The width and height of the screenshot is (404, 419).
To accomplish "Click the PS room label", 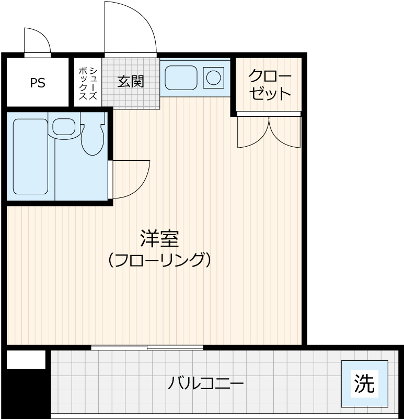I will (x=38, y=83).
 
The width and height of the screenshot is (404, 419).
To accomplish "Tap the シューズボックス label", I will (x=88, y=83).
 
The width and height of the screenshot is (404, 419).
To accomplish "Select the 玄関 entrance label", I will (x=130, y=82).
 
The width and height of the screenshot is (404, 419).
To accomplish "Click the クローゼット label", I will (x=269, y=85).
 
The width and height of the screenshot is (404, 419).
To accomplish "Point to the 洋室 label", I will (x=159, y=239).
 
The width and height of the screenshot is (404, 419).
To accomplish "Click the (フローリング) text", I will (x=159, y=259).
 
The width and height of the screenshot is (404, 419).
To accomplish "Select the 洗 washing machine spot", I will (x=364, y=384).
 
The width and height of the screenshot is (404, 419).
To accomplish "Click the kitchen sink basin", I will (x=180, y=78).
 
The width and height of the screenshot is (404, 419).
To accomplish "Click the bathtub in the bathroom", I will (x=30, y=156).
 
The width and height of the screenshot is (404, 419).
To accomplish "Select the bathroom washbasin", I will (x=64, y=127).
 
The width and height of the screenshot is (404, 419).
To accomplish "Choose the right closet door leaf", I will (x=285, y=132).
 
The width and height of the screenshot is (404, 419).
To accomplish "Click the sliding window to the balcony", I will (x=147, y=348).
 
